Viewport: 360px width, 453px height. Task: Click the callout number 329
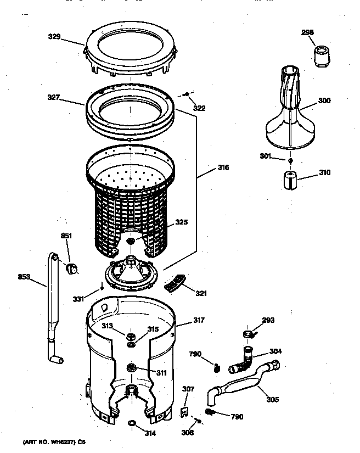(x=53, y=38)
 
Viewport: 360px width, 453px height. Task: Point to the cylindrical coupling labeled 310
(x=289, y=180)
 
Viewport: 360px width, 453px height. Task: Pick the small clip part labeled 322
(x=187, y=96)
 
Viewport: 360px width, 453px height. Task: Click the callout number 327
(x=53, y=98)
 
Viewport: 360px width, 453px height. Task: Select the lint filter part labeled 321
(x=175, y=283)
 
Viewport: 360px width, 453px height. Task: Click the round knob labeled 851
(x=71, y=268)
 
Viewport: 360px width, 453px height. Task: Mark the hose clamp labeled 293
(x=249, y=333)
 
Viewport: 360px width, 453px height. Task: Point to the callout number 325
(x=181, y=222)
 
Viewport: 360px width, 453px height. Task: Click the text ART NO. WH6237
(x=50, y=441)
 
